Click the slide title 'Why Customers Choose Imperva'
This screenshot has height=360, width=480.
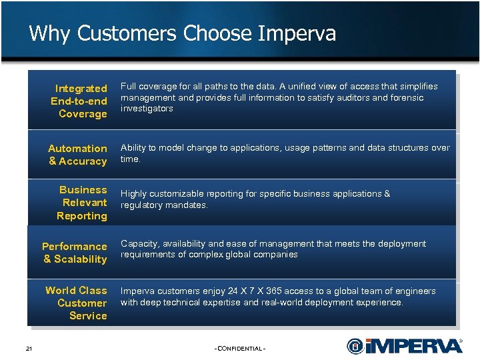tap(182, 33)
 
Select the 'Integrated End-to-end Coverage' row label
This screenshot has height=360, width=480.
tap(79, 101)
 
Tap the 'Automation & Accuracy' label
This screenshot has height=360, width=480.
tap(77, 155)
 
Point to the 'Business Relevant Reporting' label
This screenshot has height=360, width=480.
tap(82, 203)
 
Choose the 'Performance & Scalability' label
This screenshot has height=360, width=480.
tap(75, 253)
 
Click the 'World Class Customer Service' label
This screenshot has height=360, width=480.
tap(76, 303)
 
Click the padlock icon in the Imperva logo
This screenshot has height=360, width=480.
tap(355, 346)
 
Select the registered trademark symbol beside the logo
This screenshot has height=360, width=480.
tap(461, 340)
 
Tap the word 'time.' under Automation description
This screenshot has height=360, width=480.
tap(131, 159)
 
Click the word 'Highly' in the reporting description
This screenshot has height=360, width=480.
tap(133, 194)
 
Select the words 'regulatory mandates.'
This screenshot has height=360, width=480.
tap(164, 205)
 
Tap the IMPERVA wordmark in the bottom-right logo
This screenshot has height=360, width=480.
tap(413, 346)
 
